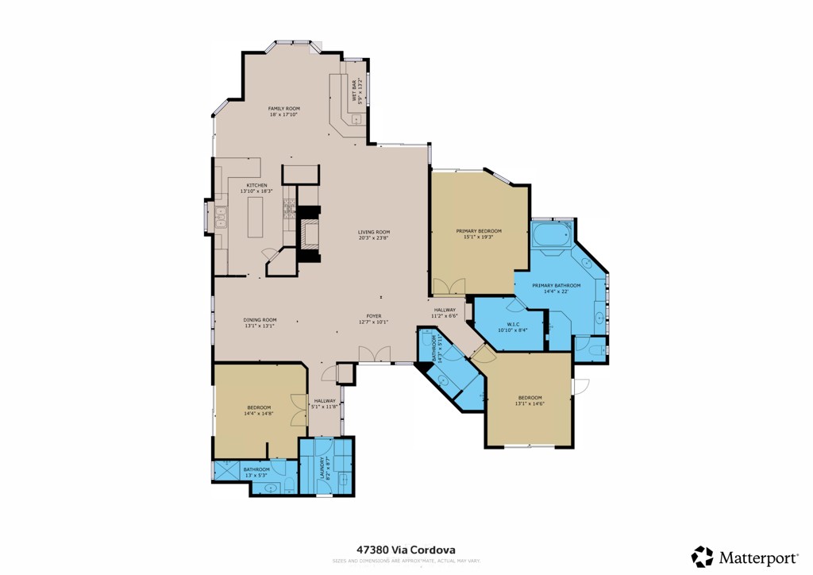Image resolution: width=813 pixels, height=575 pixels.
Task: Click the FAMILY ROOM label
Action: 283,108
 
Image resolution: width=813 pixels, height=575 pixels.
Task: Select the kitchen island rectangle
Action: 255,217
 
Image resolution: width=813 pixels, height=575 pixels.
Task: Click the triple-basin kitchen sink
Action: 220,217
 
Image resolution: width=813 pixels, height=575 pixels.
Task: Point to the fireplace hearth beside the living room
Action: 308,234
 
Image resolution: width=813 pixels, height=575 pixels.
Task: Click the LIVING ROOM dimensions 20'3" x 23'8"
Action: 374,237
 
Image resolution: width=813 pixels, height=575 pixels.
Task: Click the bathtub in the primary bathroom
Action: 550,236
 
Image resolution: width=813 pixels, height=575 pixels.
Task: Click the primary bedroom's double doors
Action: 449,287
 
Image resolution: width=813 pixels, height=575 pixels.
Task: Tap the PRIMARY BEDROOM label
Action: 479,231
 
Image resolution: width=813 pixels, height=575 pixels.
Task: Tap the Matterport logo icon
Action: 702,556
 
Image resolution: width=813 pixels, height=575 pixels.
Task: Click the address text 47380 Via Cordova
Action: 406,549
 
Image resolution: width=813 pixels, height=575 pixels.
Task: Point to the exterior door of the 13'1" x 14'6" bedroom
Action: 580,387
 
